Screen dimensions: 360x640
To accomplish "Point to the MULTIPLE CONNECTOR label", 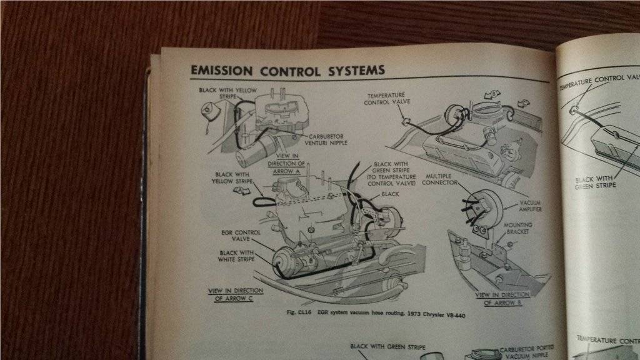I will pos(441,181).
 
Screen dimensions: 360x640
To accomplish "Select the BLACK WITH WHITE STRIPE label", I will pos(236,255).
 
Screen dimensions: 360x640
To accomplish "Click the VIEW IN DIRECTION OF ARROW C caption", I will pos(236,294).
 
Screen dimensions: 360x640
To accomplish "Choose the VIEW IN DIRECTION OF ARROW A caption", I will pos(287,162).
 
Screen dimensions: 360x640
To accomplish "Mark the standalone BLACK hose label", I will pos(389,194).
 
